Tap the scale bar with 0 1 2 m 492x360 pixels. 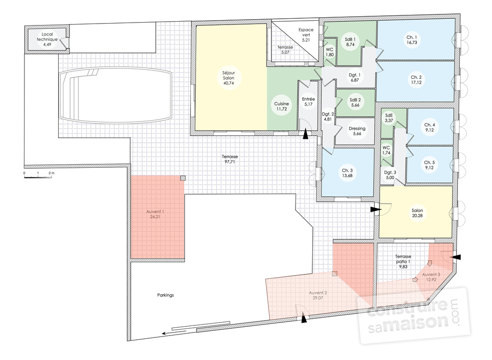38,176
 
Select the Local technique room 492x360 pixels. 47,39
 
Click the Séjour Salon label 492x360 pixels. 229,78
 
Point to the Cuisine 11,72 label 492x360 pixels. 282,106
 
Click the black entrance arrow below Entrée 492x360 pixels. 305,134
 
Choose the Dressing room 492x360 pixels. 355,131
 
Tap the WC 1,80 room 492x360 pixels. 330,52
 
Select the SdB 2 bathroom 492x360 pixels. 356,103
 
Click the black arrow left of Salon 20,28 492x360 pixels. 375,210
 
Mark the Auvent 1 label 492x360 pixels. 155,214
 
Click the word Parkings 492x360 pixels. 165,295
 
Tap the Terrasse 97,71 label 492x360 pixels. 230,159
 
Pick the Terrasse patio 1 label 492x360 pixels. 403,261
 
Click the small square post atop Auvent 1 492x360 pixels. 183,178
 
